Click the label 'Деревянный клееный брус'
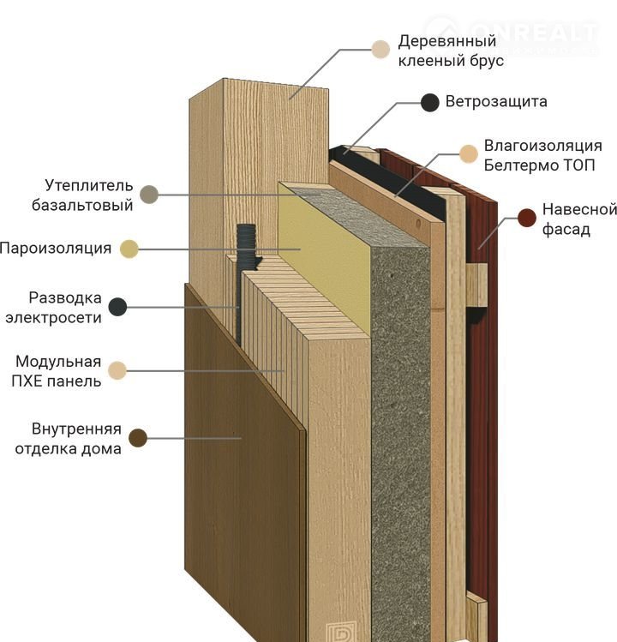[x=447, y=51]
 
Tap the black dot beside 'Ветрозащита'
[x=430, y=103]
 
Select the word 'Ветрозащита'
[x=496, y=103]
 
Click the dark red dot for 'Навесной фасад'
[x=526, y=218]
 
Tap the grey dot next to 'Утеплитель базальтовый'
[x=150, y=195]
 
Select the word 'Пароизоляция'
[x=56, y=249]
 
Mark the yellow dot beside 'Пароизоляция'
[x=129, y=249]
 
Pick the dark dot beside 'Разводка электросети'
[x=117, y=307]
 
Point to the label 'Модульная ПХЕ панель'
[x=58, y=371]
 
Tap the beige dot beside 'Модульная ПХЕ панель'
[x=117, y=370]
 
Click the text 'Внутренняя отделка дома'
[x=68, y=438]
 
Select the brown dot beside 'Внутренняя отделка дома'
[x=137, y=438]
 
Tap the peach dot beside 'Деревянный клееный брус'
[x=380, y=49]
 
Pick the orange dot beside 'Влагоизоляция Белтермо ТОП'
[x=468, y=154]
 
